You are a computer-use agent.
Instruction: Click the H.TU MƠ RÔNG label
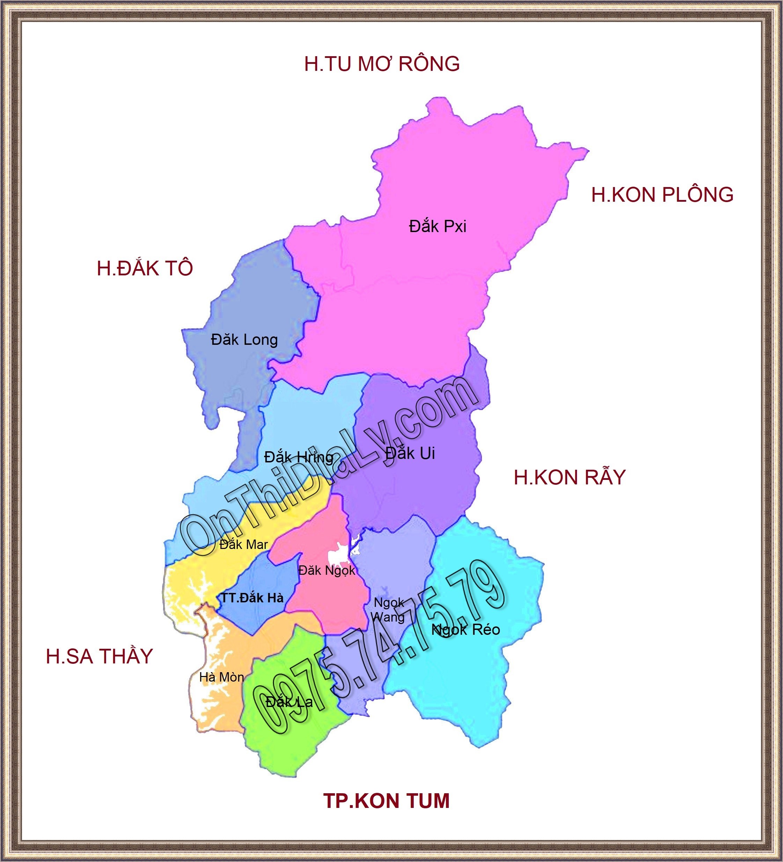[x=382, y=64]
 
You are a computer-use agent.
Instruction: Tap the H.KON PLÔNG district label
[x=662, y=195]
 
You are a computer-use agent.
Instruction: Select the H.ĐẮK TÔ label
[x=145, y=268]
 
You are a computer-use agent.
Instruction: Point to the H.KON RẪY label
[x=570, y=478]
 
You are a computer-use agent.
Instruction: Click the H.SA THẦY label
[x=99, y=656]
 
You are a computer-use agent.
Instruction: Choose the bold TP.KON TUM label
[x=386, y=801]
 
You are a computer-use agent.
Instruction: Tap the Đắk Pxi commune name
[x=437, y=226]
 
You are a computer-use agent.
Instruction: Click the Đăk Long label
[x=244, y=340]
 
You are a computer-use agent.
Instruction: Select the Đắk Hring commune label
[x=299, y=458]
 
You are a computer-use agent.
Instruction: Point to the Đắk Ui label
[x=410, y=453]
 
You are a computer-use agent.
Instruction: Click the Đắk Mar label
[x=243, y=545]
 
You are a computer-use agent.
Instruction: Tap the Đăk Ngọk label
[x=327, y=570]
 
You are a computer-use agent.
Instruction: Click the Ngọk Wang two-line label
[x=388, y=610]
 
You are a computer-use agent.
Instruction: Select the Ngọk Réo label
[x=466, y=629]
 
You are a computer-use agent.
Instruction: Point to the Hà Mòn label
[x=222, y=677]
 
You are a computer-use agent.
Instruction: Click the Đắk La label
[x=289, y=702]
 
